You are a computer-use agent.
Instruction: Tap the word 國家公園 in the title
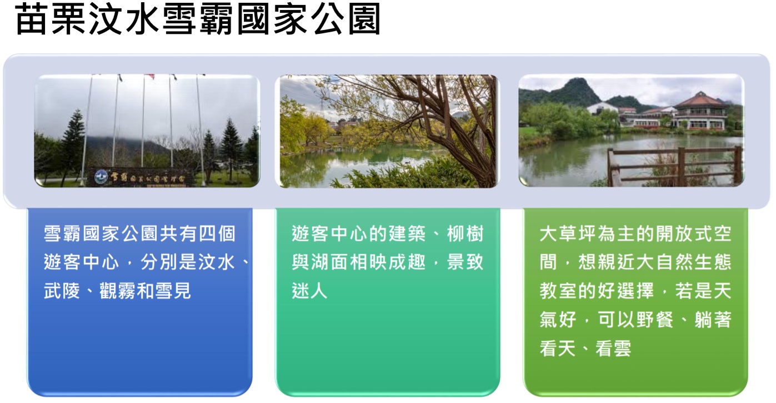[309, 19]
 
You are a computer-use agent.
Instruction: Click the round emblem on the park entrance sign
[101, 177]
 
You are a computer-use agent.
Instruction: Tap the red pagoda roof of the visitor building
[700, 100]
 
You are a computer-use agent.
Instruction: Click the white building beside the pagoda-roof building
[602, 108]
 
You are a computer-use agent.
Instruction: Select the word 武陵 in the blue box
[62, 291]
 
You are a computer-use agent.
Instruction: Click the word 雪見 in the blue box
[173, 291]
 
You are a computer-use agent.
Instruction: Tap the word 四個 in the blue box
[217, 234]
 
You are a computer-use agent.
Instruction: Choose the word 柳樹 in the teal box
[465, 234]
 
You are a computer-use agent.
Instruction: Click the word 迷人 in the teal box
[309, 291]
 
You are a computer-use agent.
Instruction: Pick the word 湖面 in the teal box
[329, 262]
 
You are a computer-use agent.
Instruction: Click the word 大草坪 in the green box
[568, 234]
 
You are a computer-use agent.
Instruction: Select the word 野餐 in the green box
[655, 319]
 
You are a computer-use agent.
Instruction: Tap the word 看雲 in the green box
[614, 348]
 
